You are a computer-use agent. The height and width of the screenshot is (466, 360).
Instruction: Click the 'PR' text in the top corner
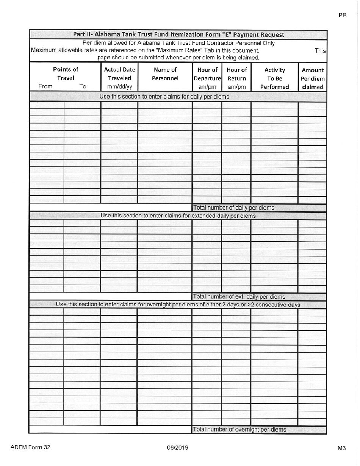point(342,16)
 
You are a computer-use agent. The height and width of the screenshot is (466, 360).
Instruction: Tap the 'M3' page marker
point(341,448)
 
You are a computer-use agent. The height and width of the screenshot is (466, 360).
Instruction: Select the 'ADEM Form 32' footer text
point(30,447)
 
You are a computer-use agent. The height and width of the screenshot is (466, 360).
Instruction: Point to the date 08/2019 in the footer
point(178,448)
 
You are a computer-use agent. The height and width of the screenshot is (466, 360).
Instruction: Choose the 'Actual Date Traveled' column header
point(119,74)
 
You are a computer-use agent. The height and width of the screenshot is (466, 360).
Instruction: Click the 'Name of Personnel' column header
point(165,74)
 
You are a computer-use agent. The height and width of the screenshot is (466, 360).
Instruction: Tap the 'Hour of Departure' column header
point(207,74)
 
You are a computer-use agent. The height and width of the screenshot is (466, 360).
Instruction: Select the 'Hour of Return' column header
point(236,74)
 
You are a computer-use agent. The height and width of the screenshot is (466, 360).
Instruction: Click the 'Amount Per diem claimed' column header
point(313,78)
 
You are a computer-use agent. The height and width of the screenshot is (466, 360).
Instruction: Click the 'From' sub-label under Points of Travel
point(45,86)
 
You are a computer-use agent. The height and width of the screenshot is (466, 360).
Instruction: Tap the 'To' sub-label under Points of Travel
point(83,86)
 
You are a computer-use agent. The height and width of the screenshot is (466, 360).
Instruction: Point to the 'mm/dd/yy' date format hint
point(119,86)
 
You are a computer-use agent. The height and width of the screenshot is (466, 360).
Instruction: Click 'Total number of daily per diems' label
point(234,208)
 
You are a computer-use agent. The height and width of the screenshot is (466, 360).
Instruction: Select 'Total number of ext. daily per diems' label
point(239,297)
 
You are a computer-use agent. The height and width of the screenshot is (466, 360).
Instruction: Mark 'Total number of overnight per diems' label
point(239,430)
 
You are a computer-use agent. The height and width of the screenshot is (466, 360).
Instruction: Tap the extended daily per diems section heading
point(178,216)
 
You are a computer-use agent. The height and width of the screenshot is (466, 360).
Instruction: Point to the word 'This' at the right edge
point(320,50)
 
